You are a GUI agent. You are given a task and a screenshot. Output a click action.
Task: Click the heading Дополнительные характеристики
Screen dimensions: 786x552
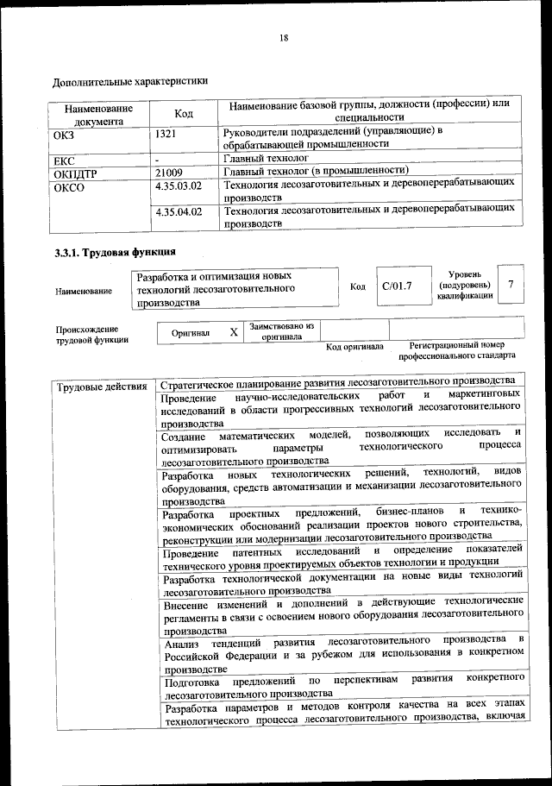130,83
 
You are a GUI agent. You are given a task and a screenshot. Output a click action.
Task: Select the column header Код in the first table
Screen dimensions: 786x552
183,114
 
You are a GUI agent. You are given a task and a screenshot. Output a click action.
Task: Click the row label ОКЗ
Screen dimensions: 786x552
66,135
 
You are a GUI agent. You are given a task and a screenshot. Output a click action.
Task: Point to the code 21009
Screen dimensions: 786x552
168,173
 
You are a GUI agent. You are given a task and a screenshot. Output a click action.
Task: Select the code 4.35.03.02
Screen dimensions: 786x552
179,185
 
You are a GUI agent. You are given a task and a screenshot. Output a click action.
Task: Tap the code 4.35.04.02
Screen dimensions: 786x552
179,211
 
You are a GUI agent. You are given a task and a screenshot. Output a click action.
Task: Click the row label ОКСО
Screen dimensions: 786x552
70,186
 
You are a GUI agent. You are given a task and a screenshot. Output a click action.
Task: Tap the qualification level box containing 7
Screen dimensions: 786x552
512,284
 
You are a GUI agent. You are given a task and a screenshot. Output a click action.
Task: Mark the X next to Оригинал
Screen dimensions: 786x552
233,331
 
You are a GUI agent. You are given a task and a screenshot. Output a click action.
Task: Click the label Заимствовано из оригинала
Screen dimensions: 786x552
281,332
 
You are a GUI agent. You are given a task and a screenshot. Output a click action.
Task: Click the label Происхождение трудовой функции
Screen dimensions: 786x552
86,335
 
